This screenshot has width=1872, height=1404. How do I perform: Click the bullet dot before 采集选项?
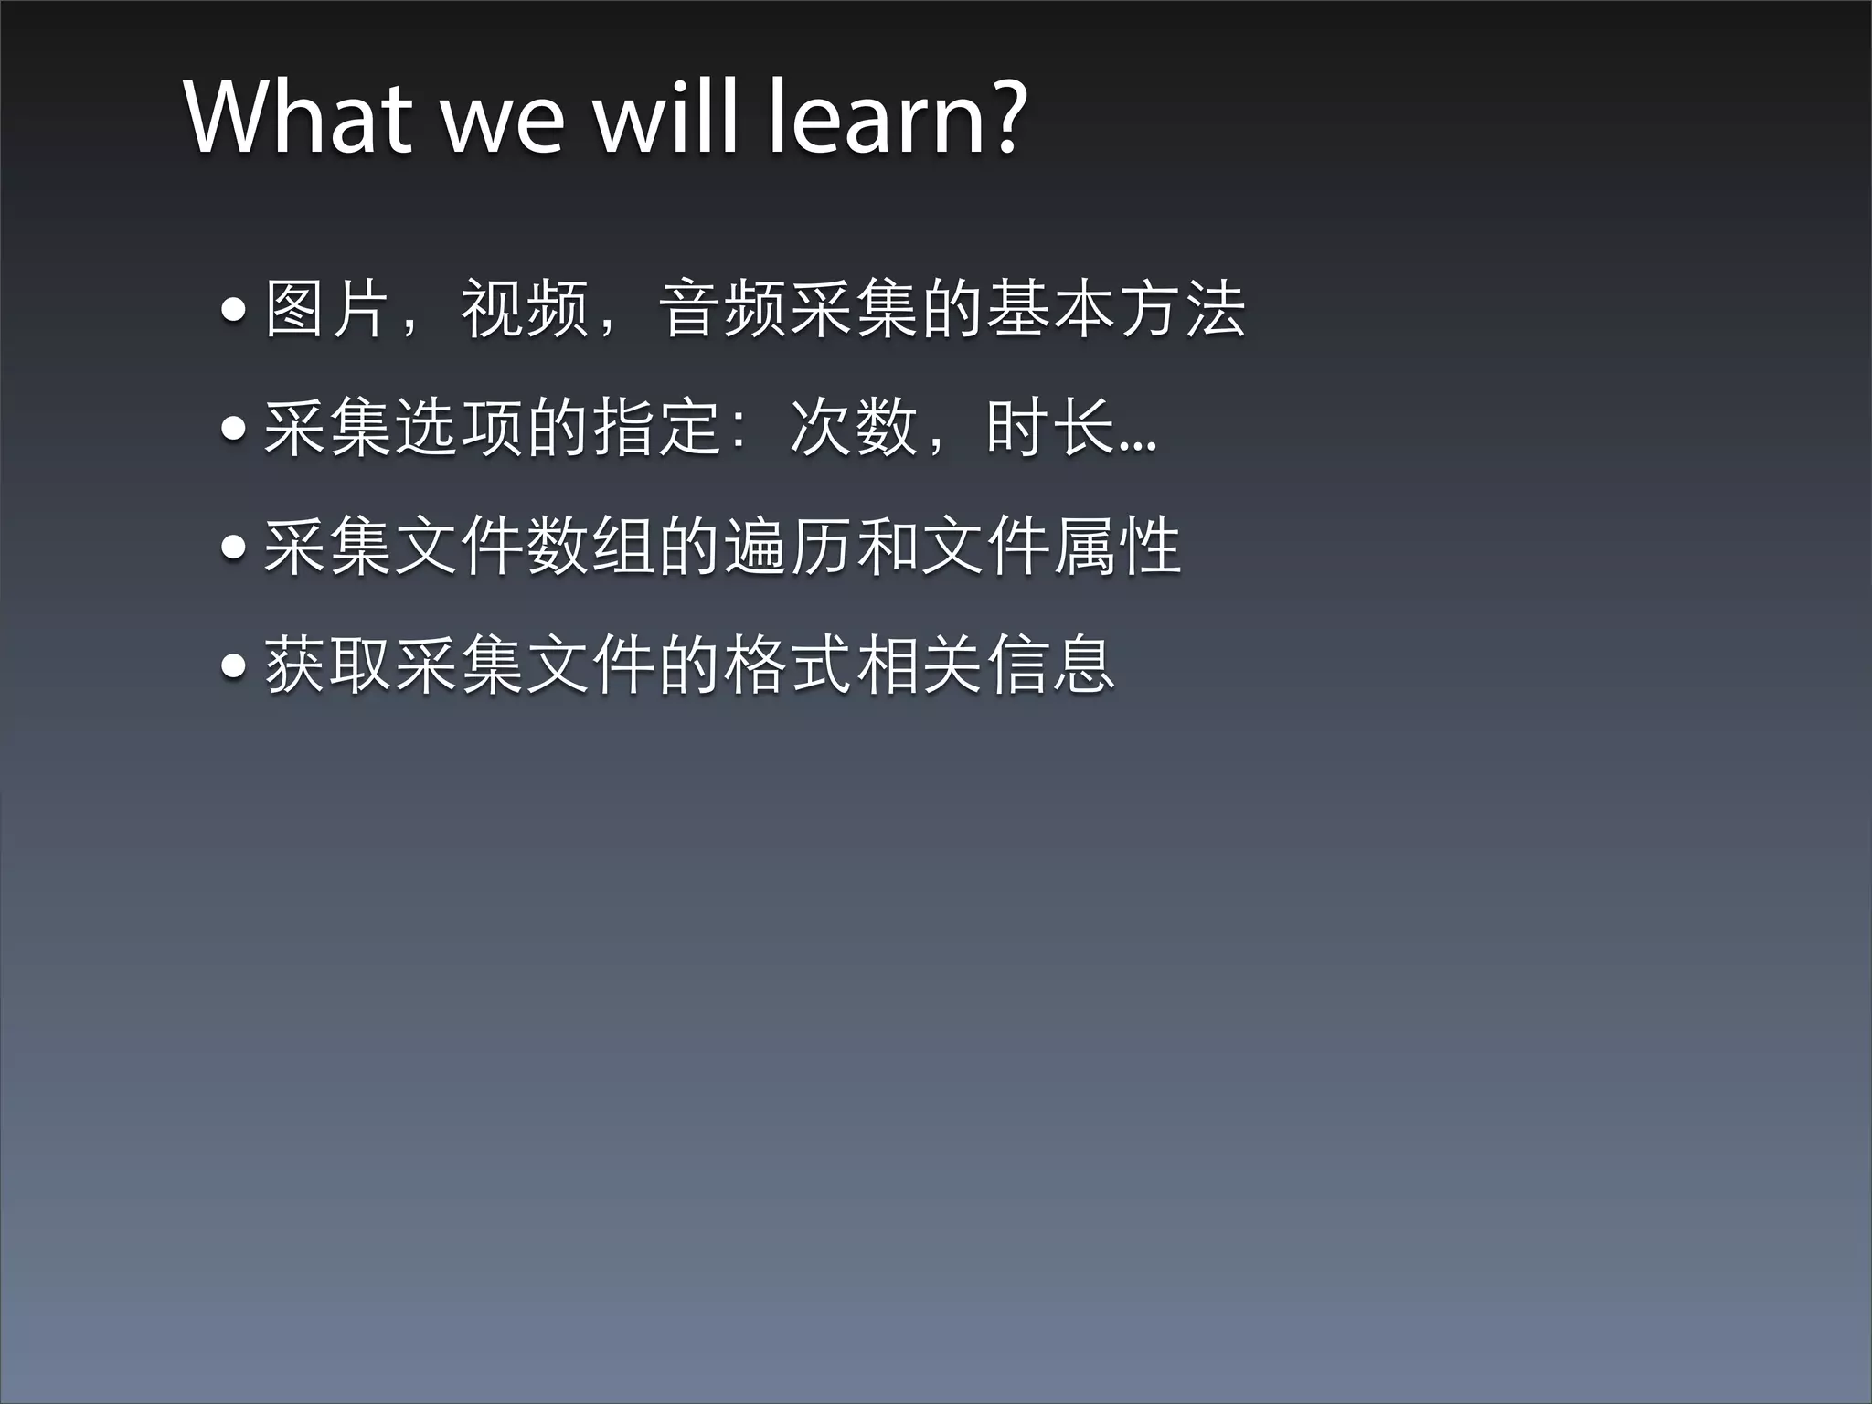point(234,429)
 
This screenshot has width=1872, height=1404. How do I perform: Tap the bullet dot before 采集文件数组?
point(234,547)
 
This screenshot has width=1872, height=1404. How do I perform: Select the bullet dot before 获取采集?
point(234,665)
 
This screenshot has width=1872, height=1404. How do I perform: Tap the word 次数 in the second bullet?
point(853,427)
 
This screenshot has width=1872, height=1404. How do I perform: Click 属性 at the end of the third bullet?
point(1116,546)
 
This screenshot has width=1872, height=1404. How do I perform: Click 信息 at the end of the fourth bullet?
point(1050,665)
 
